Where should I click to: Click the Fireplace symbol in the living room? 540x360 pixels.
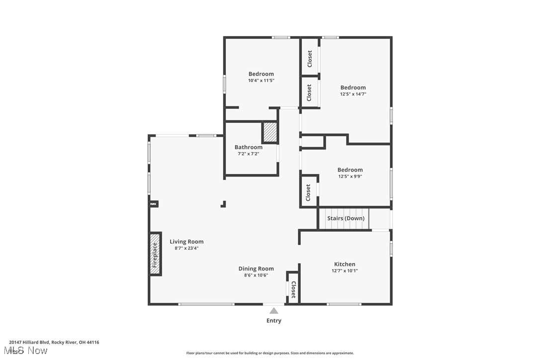pyautogui.click(x=155, y=254)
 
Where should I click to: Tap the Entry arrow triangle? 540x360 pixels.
pyautogui.click(x=274, y=311)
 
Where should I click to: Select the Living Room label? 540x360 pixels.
pyautogui.click(x=186, y=242)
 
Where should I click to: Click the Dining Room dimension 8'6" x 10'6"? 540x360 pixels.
pyautogui.click(x=256, y=275)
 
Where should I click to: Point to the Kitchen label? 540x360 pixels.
pyautogui.click(x=345, y=264)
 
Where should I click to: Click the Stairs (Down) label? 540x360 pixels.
pyautogui.click(x=346, y=218)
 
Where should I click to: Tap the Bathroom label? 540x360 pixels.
pyautogui.click(x=249, y=147)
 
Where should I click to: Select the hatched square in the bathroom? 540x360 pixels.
pyautogui.click(x=270, y=132)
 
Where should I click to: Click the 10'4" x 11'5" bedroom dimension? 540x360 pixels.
pyautogui.click(x=261, y=81)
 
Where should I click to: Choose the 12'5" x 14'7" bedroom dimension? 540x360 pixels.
pyautogui.click(x=353, y=94)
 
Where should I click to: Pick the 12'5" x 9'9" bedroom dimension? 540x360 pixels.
pyautogui.click(x=350, y=176)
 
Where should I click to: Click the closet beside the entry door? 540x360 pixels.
pyautogui.click(x=293, y=287)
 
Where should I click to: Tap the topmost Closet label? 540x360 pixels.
pyautogui.click(x=310, y=59)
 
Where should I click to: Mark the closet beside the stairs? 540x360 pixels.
pyautogui.click(x=308, y=192)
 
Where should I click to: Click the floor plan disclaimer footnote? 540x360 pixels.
pyautogui.click(x=270, y=353)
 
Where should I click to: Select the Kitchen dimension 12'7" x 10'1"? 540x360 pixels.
pyautogui.click(x=345, y=271)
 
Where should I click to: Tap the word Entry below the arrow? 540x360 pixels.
pyautogui.click(x=274, y=321)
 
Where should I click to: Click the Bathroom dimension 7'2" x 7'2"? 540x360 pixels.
pyautogui.click(x=249, y=154)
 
